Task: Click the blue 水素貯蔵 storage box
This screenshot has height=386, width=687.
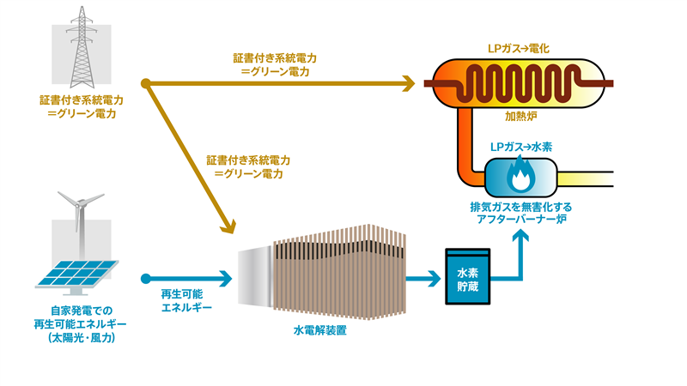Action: [x=467, y=277]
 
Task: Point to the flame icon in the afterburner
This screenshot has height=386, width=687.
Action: [x=520, y=177]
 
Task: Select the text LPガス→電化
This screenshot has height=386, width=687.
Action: [x=519, y=50]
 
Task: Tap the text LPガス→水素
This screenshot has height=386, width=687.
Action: [x=520, y=147]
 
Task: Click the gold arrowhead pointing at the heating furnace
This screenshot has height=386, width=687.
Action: [x=406, y=83]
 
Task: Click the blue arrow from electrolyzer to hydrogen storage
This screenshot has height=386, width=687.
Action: [x=421, y=278]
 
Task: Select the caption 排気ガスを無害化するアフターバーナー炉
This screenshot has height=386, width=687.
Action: [x=519, y=214]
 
